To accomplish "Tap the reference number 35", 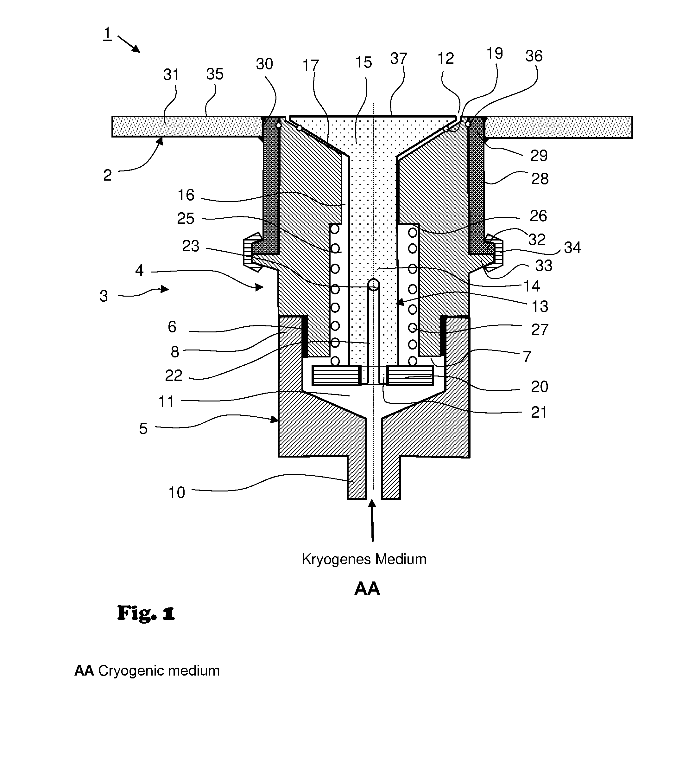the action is click(x=215, y=74).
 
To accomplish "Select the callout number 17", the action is click(x=310, y=66).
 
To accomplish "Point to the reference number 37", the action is click(x=399, y=58).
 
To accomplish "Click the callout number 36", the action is click(x=534, y=56).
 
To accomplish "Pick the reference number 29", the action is click(x=539, y=156).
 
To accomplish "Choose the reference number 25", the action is click(x=186, y=219).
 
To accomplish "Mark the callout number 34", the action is click(x=572, y=248).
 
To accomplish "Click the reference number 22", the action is click(x=174, y=375).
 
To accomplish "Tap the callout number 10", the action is click(x=176, y=492).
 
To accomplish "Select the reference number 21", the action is click(x=539, y=412).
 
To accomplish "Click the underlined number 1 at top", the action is click(x=108, y=33).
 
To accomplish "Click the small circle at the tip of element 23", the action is click(x=374, y=285).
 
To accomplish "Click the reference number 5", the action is click(x=143, y=429).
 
